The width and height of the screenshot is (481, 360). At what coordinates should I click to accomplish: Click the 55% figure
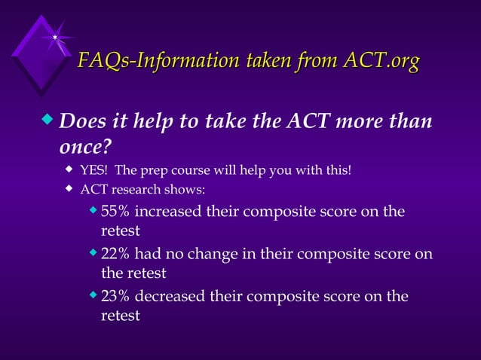pos(115,211)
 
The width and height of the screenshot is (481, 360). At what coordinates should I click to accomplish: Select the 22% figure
pos(115,254)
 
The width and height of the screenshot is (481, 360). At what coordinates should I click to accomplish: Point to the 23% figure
pos(115,297)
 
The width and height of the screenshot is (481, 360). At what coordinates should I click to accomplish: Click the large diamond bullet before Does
pos(50,120)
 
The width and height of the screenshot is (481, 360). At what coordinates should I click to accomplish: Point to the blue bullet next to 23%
pos(93,294)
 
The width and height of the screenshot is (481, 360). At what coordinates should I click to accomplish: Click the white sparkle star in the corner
pos(55,37)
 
